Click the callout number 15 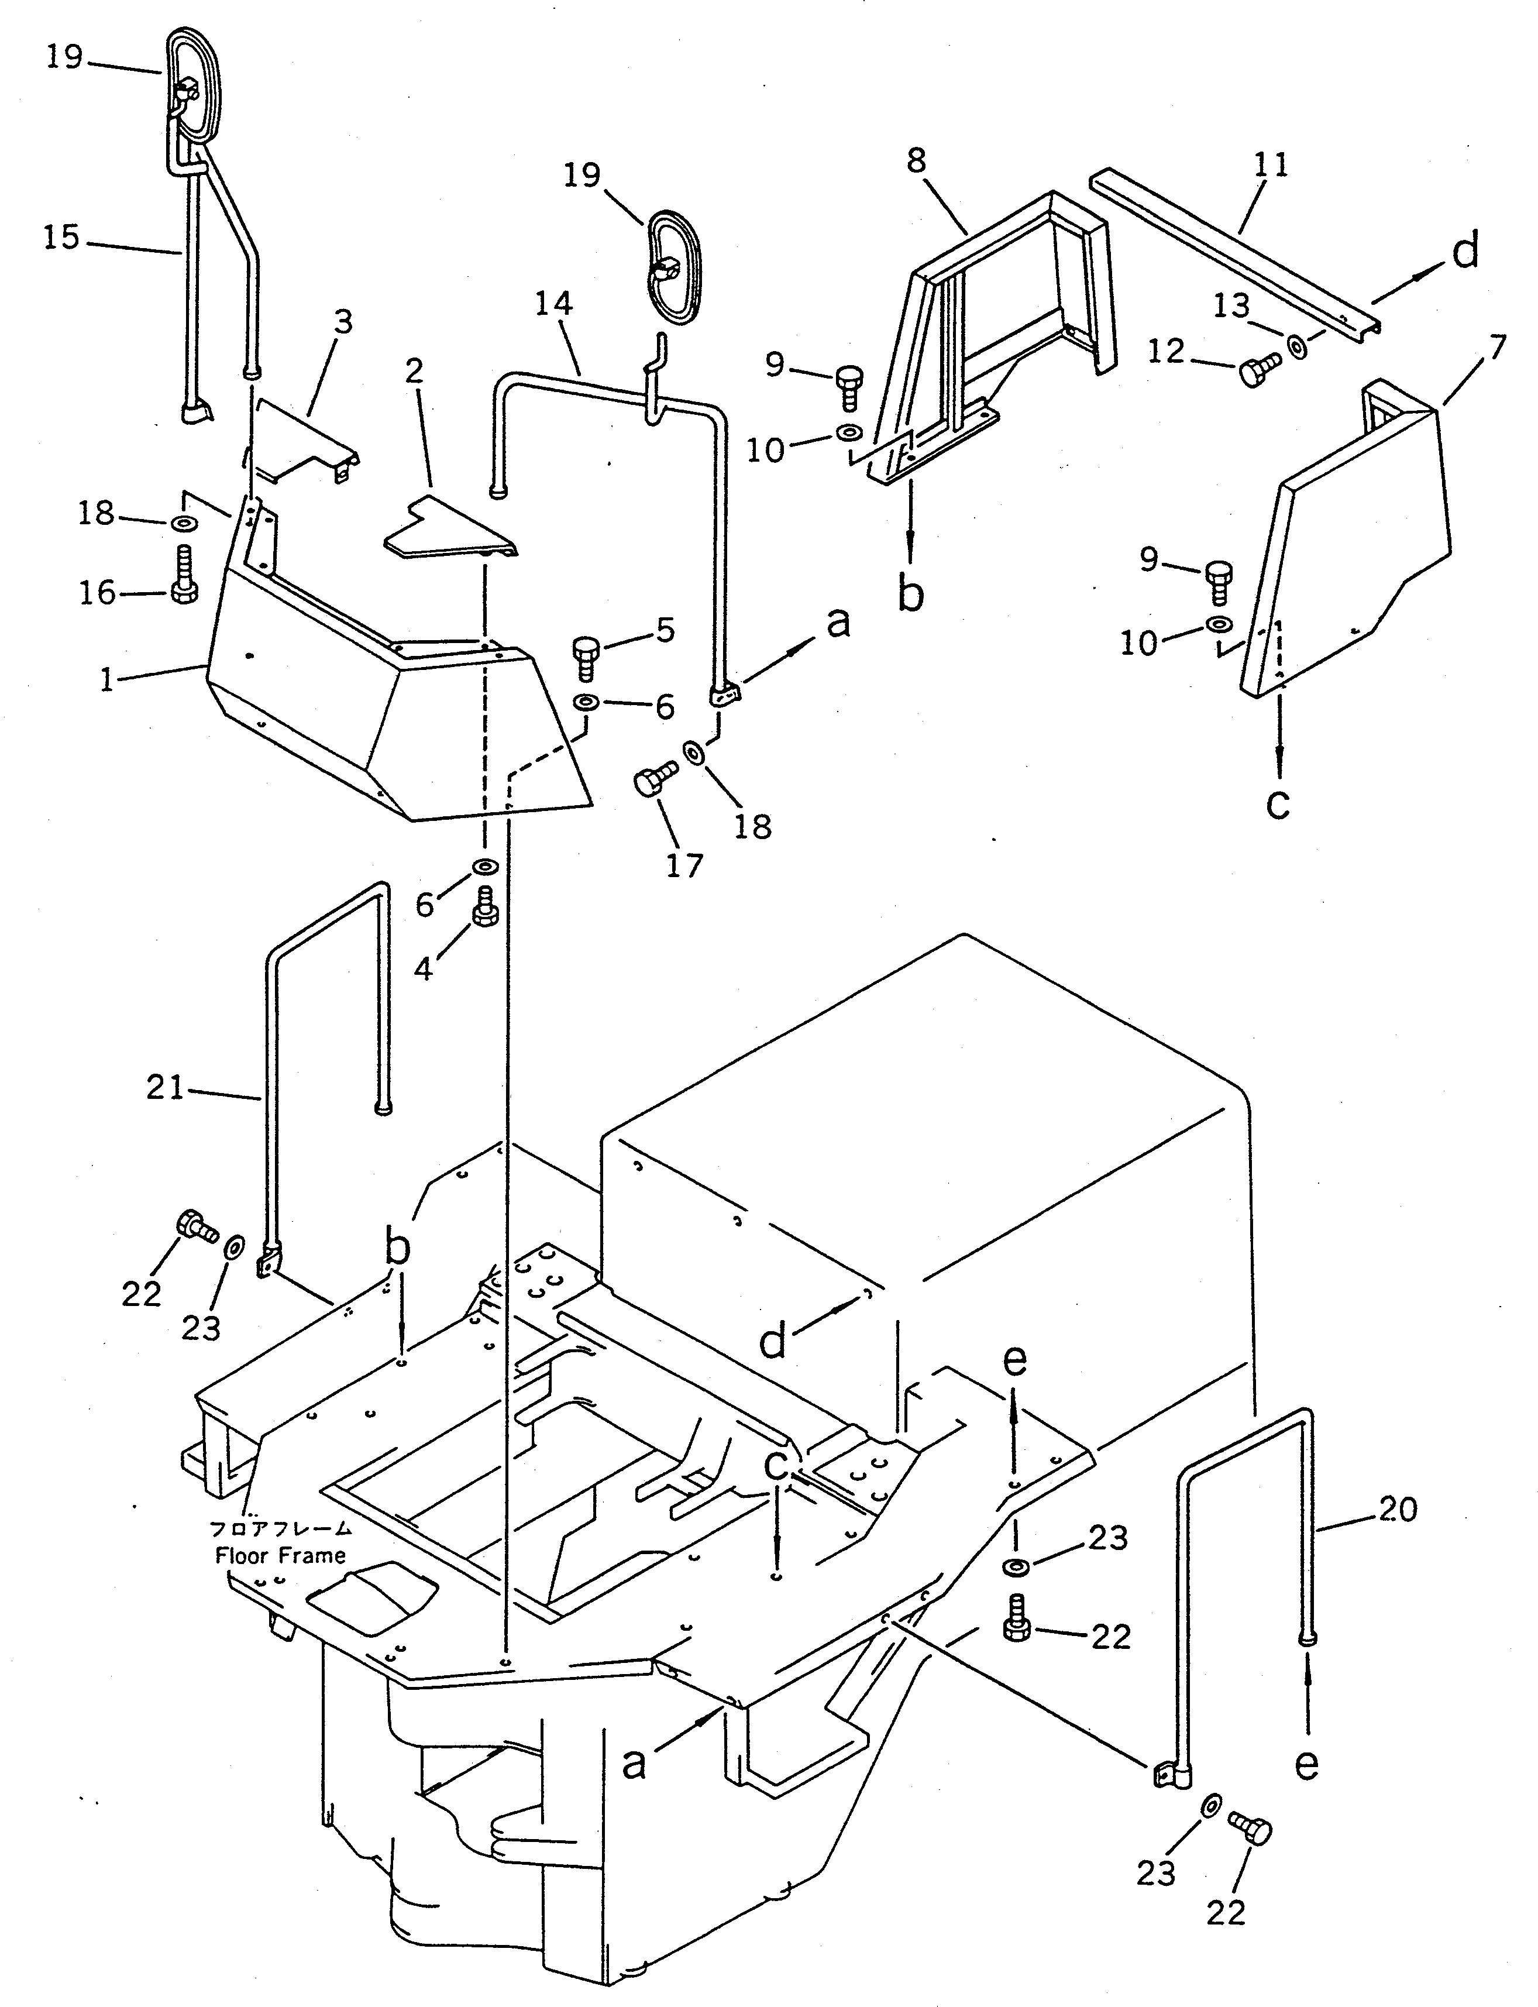tap(61, 239)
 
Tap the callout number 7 tap(1497, 349)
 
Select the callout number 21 tap(165, 1089)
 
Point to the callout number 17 tap(684, 864)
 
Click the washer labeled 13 tap(1297, 346)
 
